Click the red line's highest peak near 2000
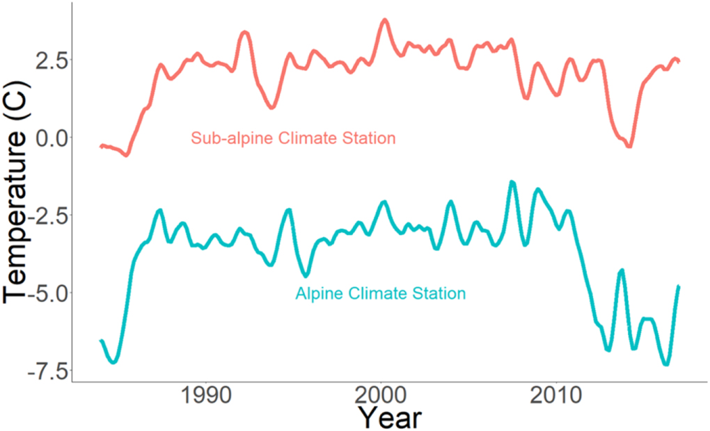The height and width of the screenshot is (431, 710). pos(384,20)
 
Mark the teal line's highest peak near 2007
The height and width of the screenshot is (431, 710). pos(512,182)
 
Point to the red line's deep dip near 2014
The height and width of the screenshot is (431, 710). pos(629,146)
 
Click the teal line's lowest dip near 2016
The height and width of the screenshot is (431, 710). pos(666,364)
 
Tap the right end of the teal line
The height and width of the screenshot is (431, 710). pos(679,286)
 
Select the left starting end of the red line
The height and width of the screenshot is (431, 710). pos(101,146)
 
